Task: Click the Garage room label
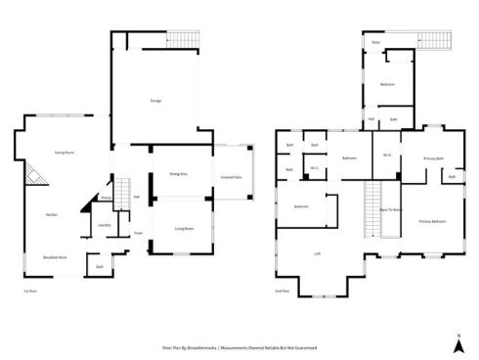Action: pos(155,101)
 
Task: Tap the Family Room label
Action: pos(65,154)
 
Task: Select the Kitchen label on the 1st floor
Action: pos(51,214)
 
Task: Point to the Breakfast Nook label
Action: pos(55,256)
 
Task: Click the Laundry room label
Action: pos(105,225)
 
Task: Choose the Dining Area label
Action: pos(178,174)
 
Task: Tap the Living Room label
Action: pos(183,228)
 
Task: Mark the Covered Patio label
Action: pos(233,175)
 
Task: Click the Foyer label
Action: pos(138,233)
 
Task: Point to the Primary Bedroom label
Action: pos(432,222)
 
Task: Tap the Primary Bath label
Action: pos(434,157)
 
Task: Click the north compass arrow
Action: pos(457,342)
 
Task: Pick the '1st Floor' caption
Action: pos(29,291)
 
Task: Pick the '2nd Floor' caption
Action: pos(283,291)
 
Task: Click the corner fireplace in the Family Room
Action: pos(37,176)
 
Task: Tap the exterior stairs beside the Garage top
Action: pos(183,38)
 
